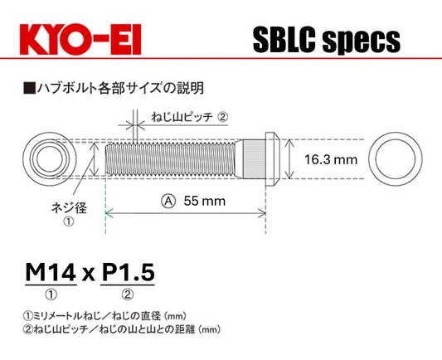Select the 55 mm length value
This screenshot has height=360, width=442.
coord(204,200)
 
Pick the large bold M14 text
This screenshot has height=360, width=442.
coord(51,271)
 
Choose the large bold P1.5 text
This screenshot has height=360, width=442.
coord(128,271)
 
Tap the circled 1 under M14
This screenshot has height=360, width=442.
coord(51,294)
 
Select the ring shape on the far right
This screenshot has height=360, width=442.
coord(395,158)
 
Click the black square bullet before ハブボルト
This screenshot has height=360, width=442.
coord(29,85)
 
